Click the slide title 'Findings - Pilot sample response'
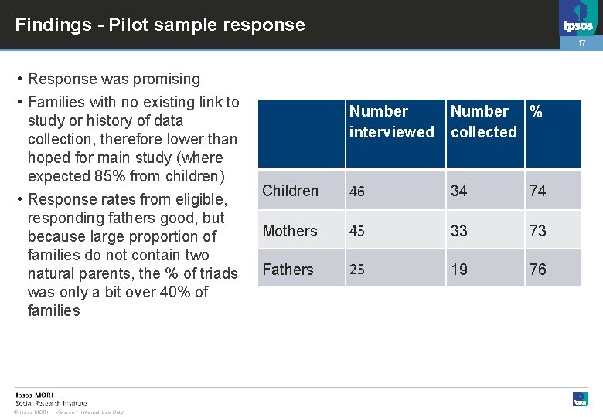coord(160,25)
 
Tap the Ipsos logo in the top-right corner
coord(578,19)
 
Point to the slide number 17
coord(583,44)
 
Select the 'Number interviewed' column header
coord(391,122)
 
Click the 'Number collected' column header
coord(484,122)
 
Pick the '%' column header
coord(536,112)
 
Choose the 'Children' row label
coord(291,191)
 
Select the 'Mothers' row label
coord(290,231)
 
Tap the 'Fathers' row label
coord(288,270)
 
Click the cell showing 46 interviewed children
coord(358,192)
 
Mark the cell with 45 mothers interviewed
coord(358,231)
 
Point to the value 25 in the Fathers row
coord(358,270)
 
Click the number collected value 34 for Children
coord(459,191)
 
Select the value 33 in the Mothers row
coord(459,231)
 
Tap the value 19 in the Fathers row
coord(459,270)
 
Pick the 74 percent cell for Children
coord(538,191)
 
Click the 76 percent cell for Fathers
coord(538,270)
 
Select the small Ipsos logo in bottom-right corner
coord(580,399)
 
